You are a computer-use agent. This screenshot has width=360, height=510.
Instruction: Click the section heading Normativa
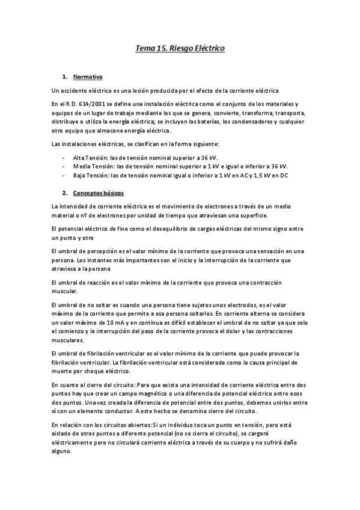(88, 77)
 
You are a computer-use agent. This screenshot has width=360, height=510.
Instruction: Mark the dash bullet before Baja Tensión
(64, 175)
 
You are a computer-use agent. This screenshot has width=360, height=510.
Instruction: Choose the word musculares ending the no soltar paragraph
(69, 340)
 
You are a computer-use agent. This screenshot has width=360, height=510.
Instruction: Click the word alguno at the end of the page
(62, 454)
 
